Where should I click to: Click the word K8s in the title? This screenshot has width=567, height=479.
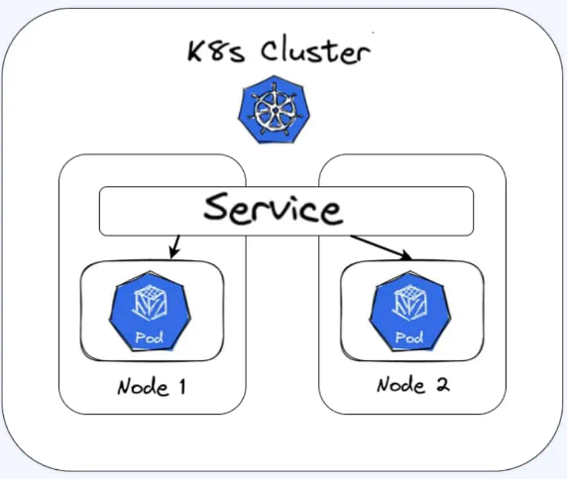tap(216, 51)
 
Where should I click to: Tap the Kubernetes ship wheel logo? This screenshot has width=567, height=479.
tap(274, 110)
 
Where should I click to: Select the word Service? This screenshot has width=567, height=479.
tap(273, 209)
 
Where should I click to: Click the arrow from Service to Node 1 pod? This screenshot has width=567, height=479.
tap(174, 247)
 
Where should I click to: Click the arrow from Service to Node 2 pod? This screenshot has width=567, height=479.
tap(381, 247)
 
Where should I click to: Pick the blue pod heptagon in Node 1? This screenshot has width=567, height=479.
tap(150, 311)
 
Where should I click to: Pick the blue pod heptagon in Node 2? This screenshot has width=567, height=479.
tap(410, 311)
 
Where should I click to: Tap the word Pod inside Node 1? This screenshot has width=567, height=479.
tap(150, 337)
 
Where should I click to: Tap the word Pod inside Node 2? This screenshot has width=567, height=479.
tap(409, 337)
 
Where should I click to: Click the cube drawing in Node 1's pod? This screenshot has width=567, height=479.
tap(150, 303)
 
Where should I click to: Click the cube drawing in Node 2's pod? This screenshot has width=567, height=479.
tap(410, 303)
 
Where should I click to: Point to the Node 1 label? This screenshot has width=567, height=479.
tap(152, 387)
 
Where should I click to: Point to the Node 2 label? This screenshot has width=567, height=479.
tap(413, 385)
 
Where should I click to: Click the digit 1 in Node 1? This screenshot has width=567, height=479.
tap(182, 386)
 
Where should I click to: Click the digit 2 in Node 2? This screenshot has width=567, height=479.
tap(443, 384)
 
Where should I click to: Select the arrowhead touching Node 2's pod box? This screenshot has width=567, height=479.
tap(406, 255)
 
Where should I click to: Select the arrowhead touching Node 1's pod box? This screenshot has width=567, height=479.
tap(172, 253)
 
